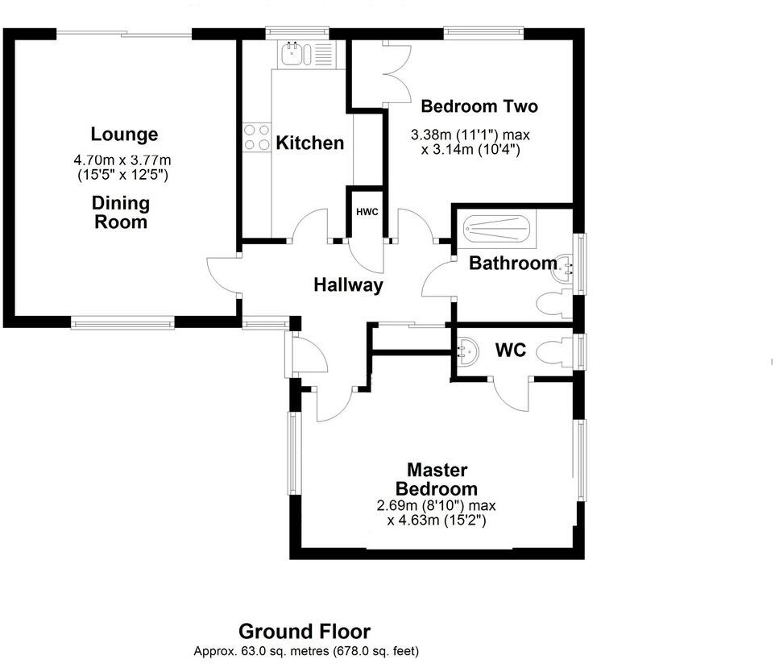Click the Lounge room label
coord(124,135)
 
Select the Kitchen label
coord(309,143)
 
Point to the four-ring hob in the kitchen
coord(256,135)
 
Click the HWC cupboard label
coord(367,212)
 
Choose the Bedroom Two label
coord(479,106)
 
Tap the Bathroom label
coord(512,263)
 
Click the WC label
coord(510,351)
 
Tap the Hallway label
coord(348,284)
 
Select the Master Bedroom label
coord(437,479)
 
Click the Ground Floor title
coord(305,631)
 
